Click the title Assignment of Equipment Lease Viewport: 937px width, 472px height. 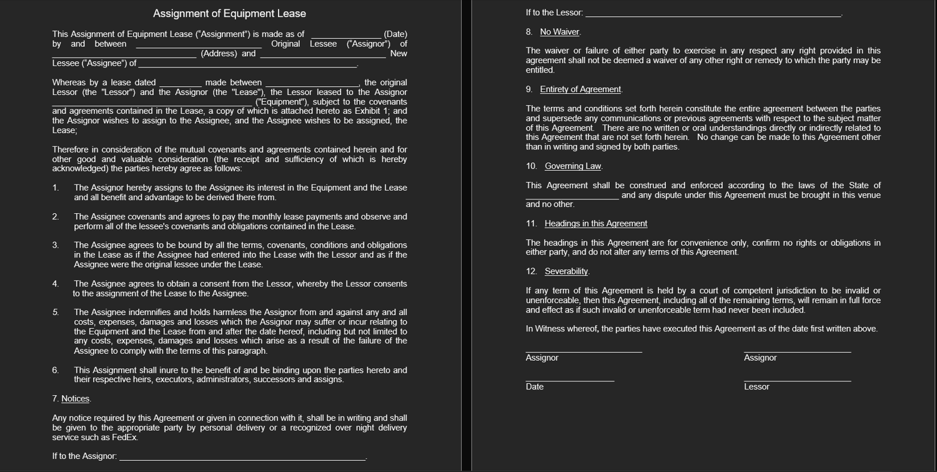click(x=229, y=14)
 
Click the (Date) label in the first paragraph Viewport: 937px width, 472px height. click(x=395, y=34)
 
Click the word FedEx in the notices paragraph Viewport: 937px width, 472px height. click(x=124, y=438)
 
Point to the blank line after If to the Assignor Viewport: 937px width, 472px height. click(x=242, y=459)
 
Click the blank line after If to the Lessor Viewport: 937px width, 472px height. click(x=713, y=15)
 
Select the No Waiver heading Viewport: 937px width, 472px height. click(x=560, y=32)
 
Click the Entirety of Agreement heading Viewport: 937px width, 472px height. click(x=580, y=89)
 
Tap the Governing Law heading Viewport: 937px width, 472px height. click(x=573, y=166)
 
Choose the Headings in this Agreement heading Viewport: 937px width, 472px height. click(x=595, y=224)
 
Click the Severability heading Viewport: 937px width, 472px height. click(x=566, y=271)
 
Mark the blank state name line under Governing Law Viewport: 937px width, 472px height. click(x=572, y=198)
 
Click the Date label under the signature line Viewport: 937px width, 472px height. click(x=535, y=387)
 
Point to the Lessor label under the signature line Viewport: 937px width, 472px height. click(x=756, y=387)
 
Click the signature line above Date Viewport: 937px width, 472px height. click(x=570, y=381)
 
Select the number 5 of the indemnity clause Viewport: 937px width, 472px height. click(x=56, y=312)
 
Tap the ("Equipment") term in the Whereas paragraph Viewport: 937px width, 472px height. click(x=282, y=102)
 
